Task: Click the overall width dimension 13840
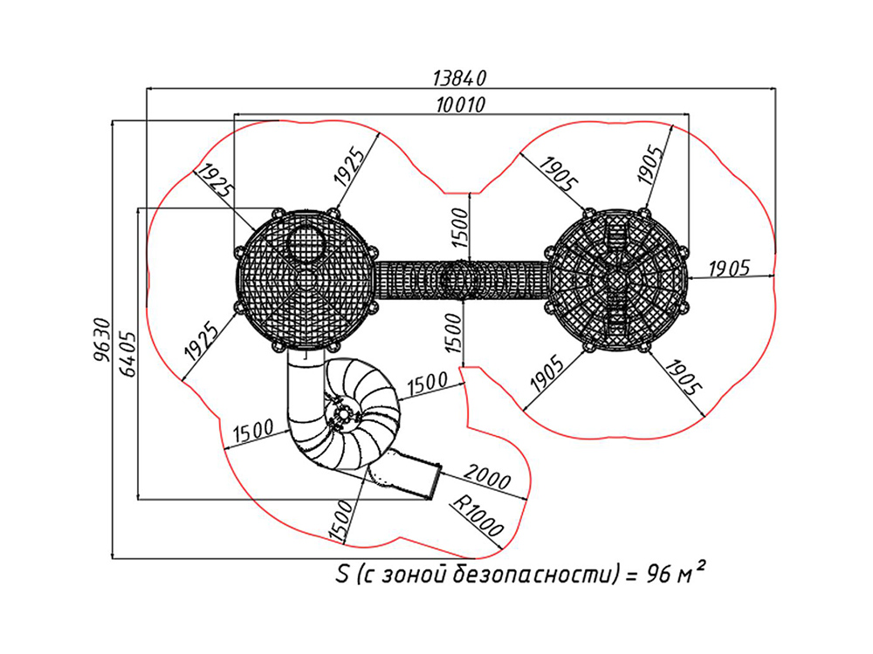tap(460, 78)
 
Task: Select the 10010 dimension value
tap(460, 104)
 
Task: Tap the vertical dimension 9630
tap(102, 340)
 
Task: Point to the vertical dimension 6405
tap(127, 354)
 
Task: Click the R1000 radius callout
tap(478, 515)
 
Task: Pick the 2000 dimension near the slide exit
tap(487, 477)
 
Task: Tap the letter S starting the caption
tap(342, 574)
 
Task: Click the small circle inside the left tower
tap(306, 243)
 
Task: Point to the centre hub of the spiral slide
tap(343, 414)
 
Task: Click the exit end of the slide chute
tap(436, 481)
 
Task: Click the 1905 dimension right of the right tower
tap(729, 269)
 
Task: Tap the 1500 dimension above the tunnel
tap(460, 228)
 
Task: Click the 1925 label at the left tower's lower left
tap(202, 340)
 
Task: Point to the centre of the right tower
tap(615, 280)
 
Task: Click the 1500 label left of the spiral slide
tap(253, 431)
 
